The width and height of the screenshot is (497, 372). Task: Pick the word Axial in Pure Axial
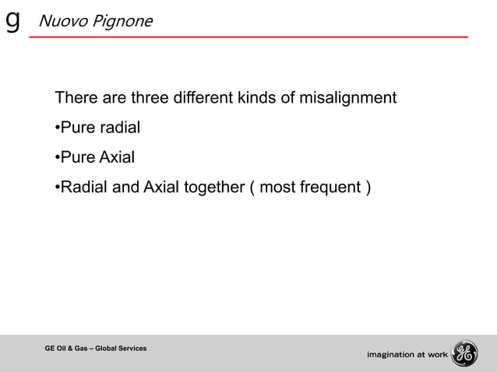116,158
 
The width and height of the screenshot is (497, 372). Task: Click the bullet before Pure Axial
57,159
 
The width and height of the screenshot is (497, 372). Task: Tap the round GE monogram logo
464,353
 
